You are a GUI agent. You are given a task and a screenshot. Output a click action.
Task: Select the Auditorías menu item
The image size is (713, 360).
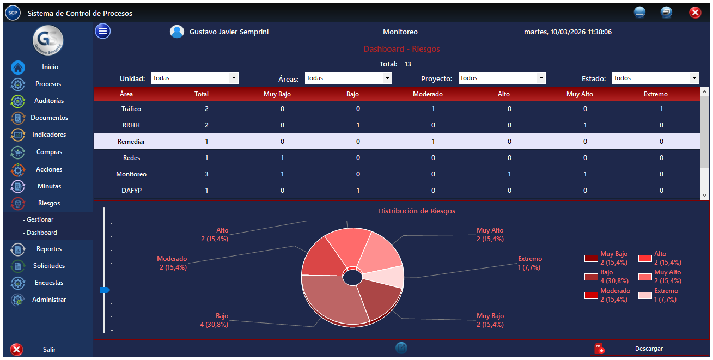pyautogui.click(x=49, y=101)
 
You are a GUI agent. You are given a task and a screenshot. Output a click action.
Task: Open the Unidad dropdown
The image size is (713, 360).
pyautogui.click(x=194, y=78)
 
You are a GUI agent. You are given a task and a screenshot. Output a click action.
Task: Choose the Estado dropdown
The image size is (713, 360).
pyautogui.click(x=655, y=78)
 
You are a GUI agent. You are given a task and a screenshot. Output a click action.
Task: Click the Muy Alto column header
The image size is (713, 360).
pyautogui.click(x=580, y=94)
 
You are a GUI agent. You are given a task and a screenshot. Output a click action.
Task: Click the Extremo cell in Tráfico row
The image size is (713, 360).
pyautogui.click(x=661, y=109)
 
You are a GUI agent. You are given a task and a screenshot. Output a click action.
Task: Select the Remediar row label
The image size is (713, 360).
pyautogui.click(x=131, y=142)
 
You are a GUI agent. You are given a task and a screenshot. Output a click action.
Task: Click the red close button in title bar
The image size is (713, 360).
pyautogui.click(x=694, y=13)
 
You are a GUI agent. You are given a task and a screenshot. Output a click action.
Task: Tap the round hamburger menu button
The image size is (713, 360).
pyautogui.click(x=103, y=32)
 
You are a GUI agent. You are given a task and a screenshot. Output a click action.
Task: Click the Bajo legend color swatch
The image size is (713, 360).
pyautogui.click(x=591, y=277)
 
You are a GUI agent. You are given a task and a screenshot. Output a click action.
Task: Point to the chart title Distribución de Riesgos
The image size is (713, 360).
pyautogui.click(x=417, y=211)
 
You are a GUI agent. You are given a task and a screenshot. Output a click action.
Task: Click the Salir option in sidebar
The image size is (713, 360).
pyautogui.click(x=49, y=350)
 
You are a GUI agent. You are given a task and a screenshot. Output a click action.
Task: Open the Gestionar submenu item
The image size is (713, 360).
pyautogui.click(x=40, y=219)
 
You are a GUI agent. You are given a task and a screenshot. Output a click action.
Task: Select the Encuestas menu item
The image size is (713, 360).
pyautogui.click(x=49, y=283)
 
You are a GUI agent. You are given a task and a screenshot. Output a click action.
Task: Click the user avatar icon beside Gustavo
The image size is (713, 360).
pyautogui.click(x=177, y=32)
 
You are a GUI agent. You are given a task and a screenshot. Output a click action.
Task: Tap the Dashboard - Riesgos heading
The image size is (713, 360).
pyautogui.click(x=401, y=49)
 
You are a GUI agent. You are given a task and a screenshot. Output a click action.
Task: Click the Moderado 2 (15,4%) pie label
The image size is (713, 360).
pyautogui.click(x=172, y=263)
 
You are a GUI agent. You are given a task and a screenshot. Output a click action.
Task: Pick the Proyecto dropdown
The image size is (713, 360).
pyautogui.click(x=502, y=78)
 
